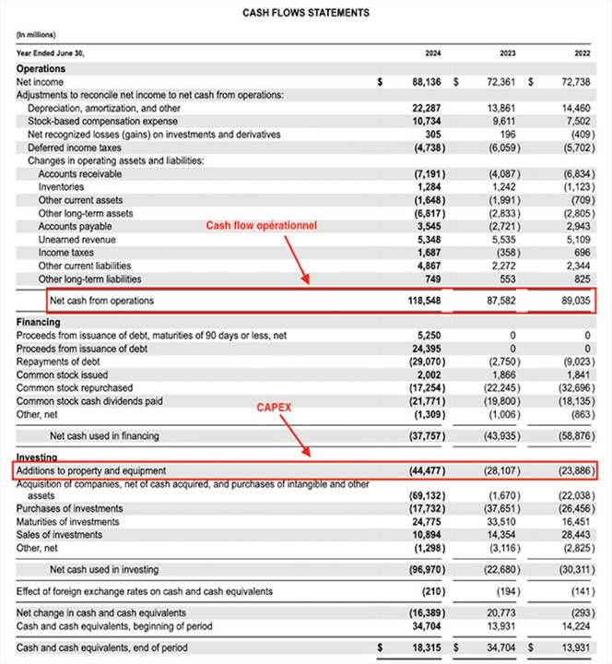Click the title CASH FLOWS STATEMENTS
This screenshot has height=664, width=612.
(x=306, y=13)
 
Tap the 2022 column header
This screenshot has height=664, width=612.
(x=582, y=53)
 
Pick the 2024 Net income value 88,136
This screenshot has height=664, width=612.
(x=430, y=81)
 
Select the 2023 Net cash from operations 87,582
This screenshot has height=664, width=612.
(x=504, y=301)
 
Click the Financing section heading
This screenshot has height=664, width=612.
(x=39, y=322)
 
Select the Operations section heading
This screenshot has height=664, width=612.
(x=41, y=68)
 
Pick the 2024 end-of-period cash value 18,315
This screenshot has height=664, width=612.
(x=430, y=648)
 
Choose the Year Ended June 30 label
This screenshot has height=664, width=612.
(x=51, y=53)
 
